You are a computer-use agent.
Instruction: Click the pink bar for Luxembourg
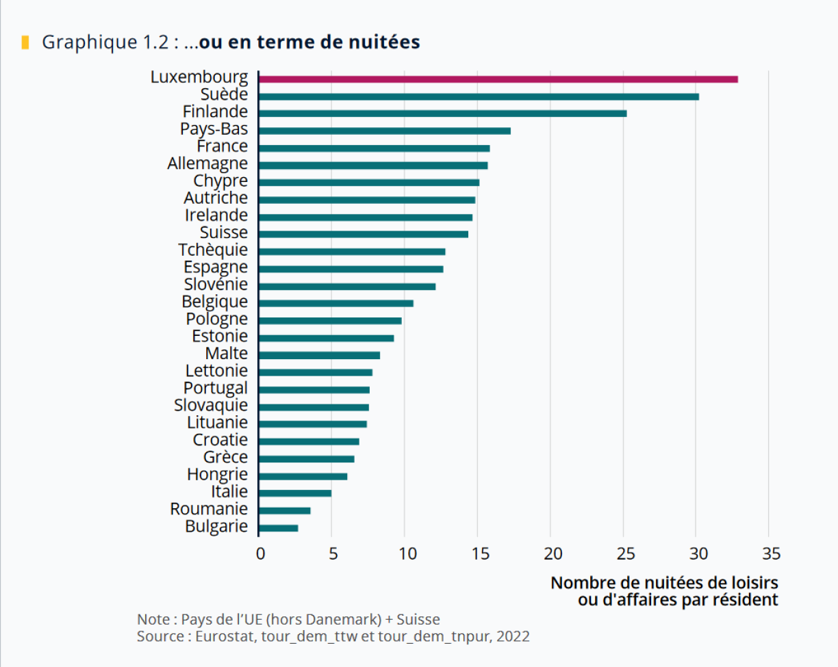click(498, 79)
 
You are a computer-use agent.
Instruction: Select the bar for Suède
click(479, 96)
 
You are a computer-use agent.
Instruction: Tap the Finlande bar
click(442, 114)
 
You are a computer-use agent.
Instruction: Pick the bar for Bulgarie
click(279, 528)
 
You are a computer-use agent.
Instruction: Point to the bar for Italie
click(295, 493)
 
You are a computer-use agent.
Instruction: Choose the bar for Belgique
click(336, 303)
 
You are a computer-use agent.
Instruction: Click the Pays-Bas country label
click(214, 129)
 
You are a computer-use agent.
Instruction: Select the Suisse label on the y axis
click(224, 233)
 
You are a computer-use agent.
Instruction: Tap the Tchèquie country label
click(213, 250)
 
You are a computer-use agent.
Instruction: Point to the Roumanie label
click(209, 509)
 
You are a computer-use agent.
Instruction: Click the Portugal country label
click(216, 388)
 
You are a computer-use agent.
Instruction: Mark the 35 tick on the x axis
click(770, 553)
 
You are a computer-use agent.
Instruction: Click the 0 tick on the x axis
click(260, 553)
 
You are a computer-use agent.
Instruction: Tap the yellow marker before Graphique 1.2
click(25, 42)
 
